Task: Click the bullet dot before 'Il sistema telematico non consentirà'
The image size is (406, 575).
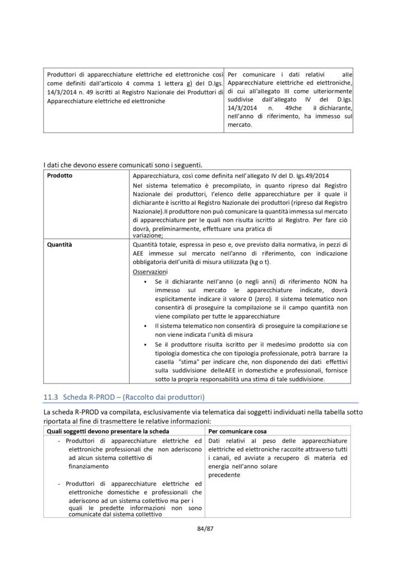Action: click(x=147, y=326)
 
